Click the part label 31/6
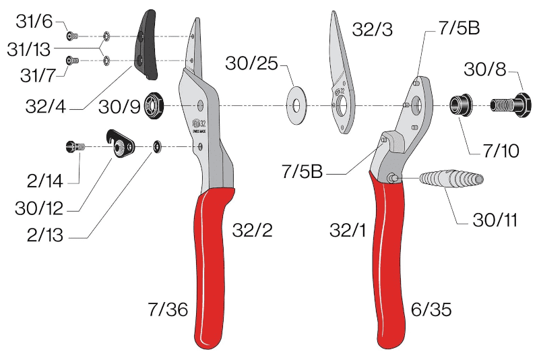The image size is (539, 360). point(34,22)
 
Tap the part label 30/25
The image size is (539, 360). point(251,63)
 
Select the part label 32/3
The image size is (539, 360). point(372,30)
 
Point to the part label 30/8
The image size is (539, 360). point(485,69)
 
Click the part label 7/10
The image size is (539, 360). point(501,151)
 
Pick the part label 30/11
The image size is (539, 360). point(495,220)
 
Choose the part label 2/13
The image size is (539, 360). point(45,235)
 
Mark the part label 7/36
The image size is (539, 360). point(168,309)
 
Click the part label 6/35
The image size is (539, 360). point(431,309)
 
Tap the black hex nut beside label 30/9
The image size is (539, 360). point(154,106)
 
